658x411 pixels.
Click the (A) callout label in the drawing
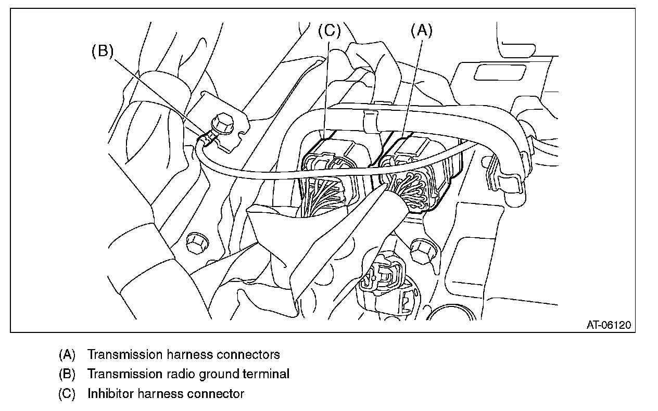tap(422, 31)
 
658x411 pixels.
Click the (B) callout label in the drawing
tap(103, 52)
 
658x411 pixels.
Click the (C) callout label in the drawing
tap(329, 31)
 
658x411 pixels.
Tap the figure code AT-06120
tap(609, 325)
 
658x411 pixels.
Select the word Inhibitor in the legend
tap(110, 393)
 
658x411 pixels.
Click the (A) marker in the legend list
tap(67, 355)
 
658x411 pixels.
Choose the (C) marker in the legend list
tap(67, 393)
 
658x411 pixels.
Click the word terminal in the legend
tap(268, 374)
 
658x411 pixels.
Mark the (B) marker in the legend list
tap(67, 374)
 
